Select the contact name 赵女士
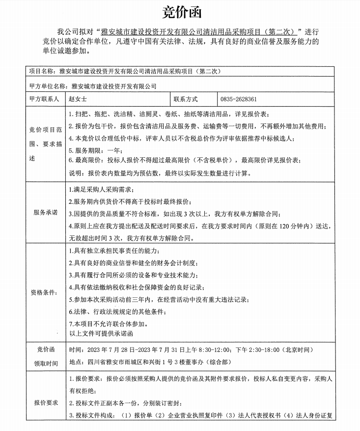click(x=78, y=99)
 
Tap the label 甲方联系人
click(x=44, y=99)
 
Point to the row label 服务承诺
click(x=45, y=212)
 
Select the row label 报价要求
click(x=46, y=402)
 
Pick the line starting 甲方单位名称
click(x=93, y=86)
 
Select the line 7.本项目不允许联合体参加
click(x=108, y=324)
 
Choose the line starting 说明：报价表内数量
click(x=160, y=173)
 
